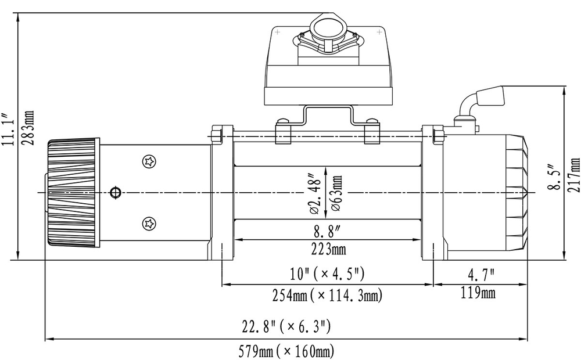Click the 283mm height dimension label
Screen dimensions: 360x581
pos(30,128)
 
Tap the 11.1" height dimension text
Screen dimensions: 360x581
pos(7,128)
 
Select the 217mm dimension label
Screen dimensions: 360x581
pos(575,175)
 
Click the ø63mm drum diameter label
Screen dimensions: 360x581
pos(337,192)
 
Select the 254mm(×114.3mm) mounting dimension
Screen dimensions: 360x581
pos(328,296)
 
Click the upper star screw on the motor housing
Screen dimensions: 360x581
pos(150,161)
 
